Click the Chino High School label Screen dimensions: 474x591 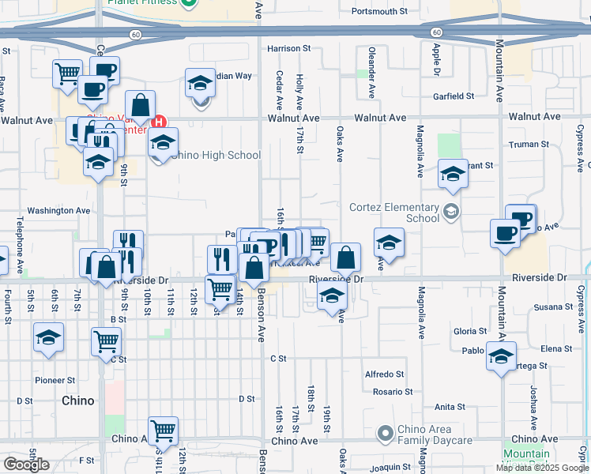coord(215,155)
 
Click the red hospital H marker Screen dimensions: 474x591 coord(159,122)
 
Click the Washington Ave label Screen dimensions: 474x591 coord(59,211)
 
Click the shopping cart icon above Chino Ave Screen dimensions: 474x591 coord(163,431)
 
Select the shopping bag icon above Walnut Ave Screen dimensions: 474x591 coord(140,104)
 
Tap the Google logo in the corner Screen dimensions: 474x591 coord(26,465)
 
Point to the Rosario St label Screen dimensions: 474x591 coord(393,392)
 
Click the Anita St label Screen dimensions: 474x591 coord(450,407)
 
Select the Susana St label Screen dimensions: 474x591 coord(553,307)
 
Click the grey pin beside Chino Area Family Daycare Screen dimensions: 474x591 coord(385,434)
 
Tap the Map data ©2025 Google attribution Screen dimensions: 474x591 coord(542,468)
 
